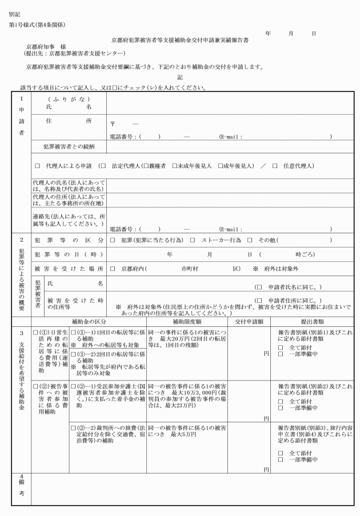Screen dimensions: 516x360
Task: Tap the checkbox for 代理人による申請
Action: pos(37,166)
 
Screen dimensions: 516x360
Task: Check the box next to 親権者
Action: pos(146,166)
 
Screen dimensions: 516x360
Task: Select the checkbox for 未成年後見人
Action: pos(175,166)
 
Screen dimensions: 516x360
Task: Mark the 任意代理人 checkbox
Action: pos(274,166)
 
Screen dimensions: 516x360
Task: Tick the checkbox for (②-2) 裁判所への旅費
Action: pos(73,427)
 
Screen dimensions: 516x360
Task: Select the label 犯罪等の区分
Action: pos(69,240)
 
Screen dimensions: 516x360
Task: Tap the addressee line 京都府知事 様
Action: pos(46,46)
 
